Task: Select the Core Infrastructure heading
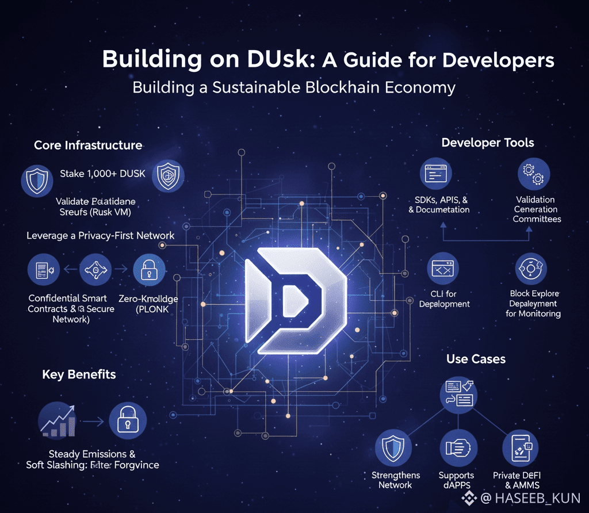click(88, 145)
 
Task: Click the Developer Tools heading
click(488, 143)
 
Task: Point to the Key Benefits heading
click(79, 374)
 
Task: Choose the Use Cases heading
click(476, 359)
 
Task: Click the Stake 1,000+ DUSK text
click(102, 174)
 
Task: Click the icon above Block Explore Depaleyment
click(531, 269)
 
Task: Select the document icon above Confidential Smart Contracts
click(44, 270)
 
